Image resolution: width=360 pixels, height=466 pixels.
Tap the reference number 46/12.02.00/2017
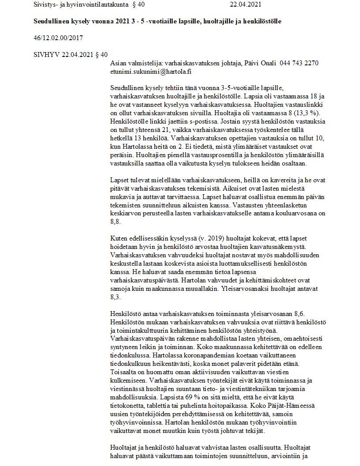[58, 38]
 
